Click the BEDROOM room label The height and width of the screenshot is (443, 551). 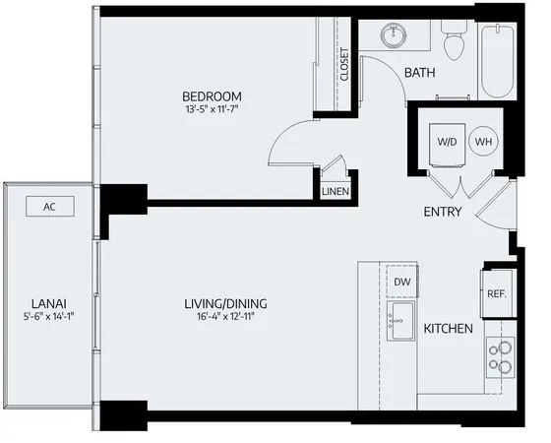point(212,96)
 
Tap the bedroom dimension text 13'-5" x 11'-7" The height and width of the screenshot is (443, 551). point(212,111)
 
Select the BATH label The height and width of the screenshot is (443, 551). point(420,72)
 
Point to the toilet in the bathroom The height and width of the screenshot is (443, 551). point(454,41)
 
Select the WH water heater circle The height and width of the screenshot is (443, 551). point(483,141)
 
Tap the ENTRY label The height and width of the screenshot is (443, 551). point(443,212)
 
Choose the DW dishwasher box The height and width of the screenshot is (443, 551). point(401,282)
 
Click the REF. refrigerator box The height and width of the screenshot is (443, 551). point(496,293)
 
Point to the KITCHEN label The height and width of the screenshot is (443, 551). point(448,328)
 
